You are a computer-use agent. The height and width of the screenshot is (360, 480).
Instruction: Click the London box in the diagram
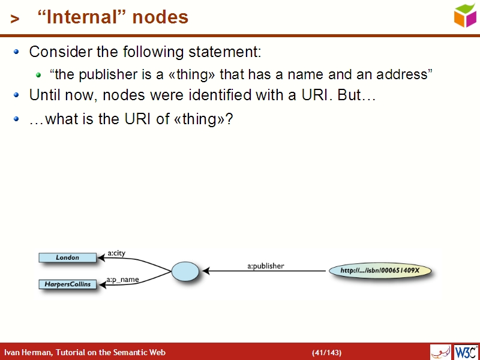(x=67, y=257)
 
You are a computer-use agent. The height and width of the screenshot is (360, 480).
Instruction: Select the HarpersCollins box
(x=68, y=284)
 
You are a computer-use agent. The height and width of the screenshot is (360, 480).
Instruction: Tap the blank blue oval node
(x=185, y=271)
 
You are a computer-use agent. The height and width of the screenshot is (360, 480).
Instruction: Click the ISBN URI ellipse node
(x=380, y=271)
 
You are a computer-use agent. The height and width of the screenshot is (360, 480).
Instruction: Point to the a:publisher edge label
(x=266, y=265)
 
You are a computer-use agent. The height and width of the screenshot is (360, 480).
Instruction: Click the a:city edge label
(x=116, y=253)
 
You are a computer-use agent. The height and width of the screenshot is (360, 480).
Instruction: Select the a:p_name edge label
(x=122, y=279)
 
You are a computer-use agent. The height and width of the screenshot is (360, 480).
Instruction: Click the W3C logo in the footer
(x=466, y=352)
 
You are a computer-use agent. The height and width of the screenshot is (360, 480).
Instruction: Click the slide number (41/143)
(x=326, y=352)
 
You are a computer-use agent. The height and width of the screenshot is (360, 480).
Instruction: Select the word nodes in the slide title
(x=160, y=17)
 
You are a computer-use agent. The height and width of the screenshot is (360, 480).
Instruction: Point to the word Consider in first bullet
(x=57, y=52)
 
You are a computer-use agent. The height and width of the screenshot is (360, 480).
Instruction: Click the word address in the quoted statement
(x=404, y=75)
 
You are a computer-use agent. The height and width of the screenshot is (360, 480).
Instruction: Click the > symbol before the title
(x=16, y=19)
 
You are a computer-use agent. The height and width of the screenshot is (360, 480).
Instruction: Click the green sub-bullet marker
(x=38, y=75)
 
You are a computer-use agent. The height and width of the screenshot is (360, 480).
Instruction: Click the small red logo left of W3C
(x=440, y=352)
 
